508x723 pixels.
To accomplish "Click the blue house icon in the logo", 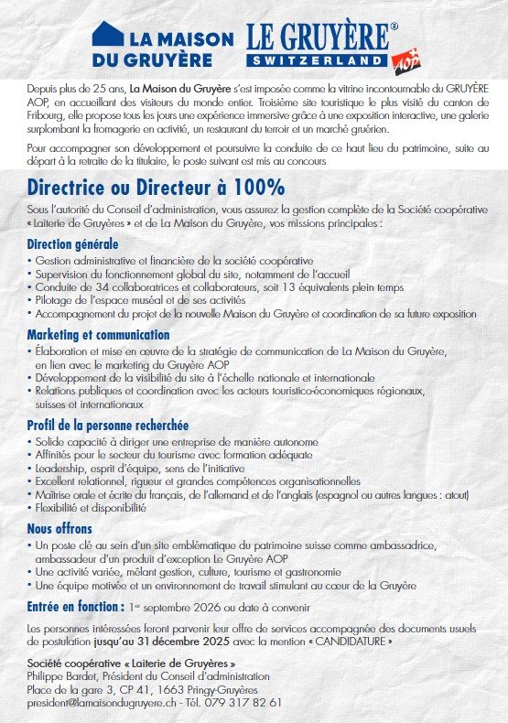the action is (106, 37).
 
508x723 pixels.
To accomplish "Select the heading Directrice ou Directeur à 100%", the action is (156, 188).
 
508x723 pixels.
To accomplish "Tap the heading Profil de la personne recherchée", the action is (108, 425).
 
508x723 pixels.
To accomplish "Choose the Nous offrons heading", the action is (59, 528).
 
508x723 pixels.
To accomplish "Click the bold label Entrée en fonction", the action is (75, 605).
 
